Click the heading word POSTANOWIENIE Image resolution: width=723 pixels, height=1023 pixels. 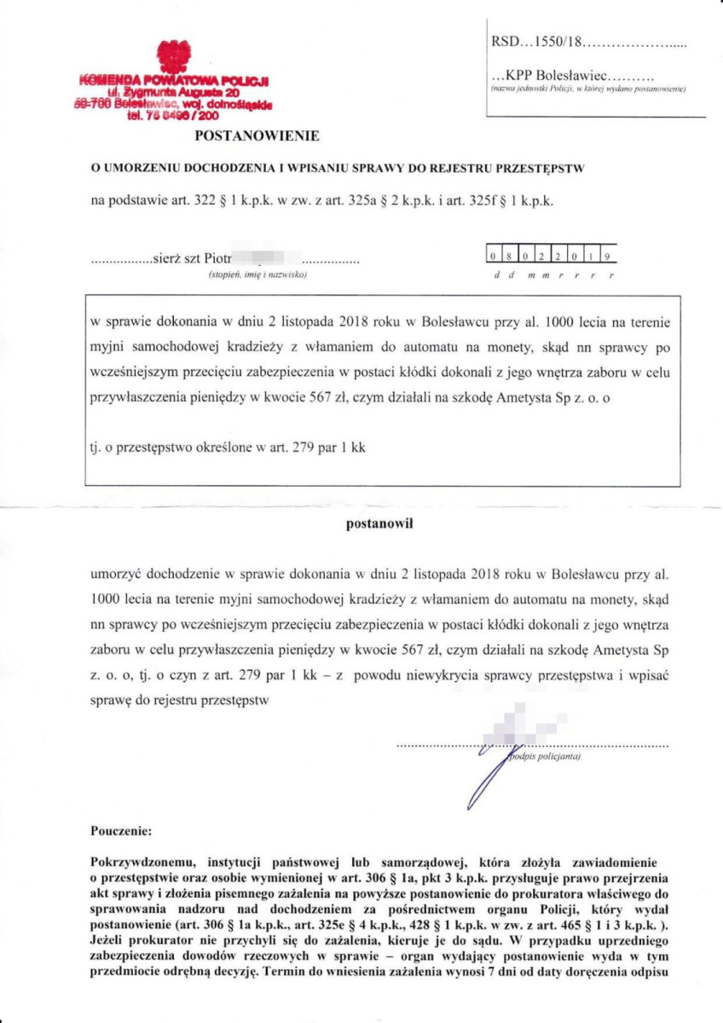point(257,135)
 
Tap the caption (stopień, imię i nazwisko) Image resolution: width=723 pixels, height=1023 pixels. point(257,275)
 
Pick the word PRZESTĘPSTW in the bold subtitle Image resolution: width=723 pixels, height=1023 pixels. point(542,168)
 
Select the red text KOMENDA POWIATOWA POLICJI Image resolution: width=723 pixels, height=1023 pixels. point(174,81)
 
